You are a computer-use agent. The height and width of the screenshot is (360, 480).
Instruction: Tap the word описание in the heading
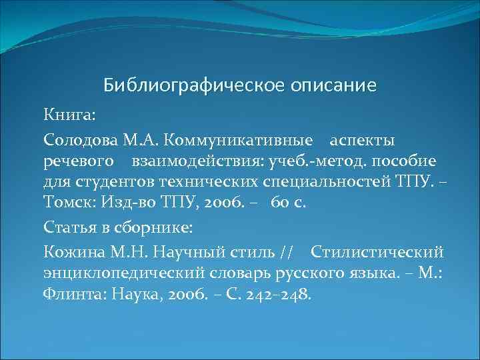333,86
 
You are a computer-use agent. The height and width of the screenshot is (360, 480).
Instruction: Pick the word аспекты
363,141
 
